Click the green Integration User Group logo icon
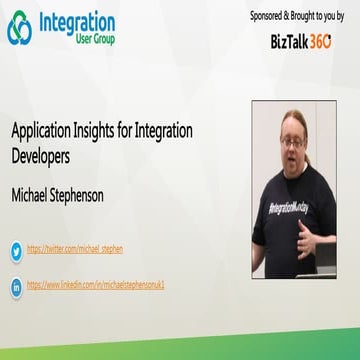[x=19, y=28]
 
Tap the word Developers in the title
[x=41, y=156]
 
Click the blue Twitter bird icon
[x=16, y=249]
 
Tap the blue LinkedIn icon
[x=16, y=286]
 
